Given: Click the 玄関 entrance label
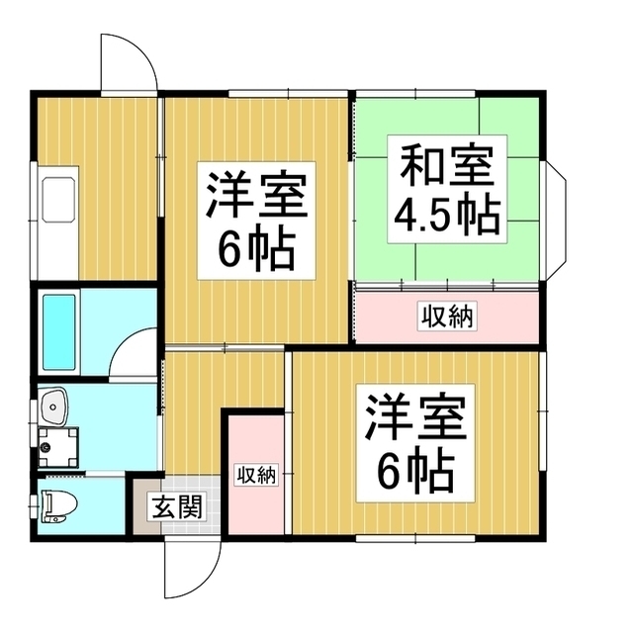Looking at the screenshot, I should [178, 507].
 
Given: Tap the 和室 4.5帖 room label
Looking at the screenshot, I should [446, 189].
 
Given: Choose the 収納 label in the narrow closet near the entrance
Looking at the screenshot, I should [256, 474].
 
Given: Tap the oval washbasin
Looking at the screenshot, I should [54, 406].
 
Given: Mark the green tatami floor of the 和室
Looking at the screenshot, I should [514, 257].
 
